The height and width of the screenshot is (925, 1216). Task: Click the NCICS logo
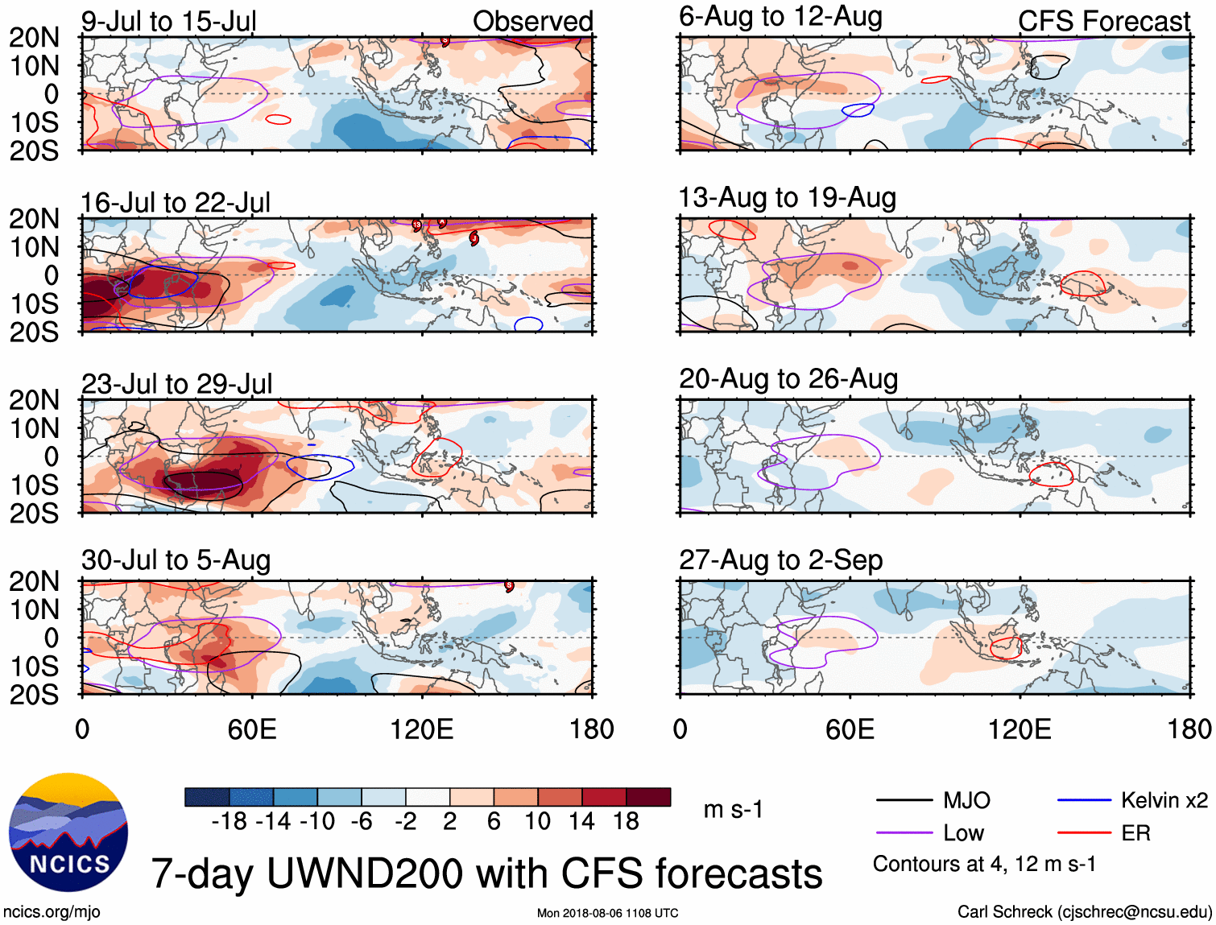pos(68,832)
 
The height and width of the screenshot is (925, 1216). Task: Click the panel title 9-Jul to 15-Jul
pos(168,22)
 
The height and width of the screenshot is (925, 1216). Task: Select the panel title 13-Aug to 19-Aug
pos(787,198)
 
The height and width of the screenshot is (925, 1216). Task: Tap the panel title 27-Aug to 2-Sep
pos(780,560)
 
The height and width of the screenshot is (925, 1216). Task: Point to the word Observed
pos(532,22)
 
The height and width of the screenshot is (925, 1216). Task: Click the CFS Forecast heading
pos(1103,22)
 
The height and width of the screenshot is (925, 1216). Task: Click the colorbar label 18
pos(625,821)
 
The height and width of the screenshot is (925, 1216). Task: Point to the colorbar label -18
pos(229,821)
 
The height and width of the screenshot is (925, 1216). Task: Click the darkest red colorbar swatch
pos(648,797)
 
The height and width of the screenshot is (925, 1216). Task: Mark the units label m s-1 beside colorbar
pos(733,809)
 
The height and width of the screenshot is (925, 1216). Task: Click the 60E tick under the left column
pos(252,729)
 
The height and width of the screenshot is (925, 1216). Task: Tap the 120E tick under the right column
pos(1020,729)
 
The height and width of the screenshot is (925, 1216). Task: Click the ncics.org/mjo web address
pos(52,912)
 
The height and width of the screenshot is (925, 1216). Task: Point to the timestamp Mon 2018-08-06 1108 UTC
pos(607,913)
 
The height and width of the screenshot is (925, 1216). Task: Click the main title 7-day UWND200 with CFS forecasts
pos(486,874)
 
